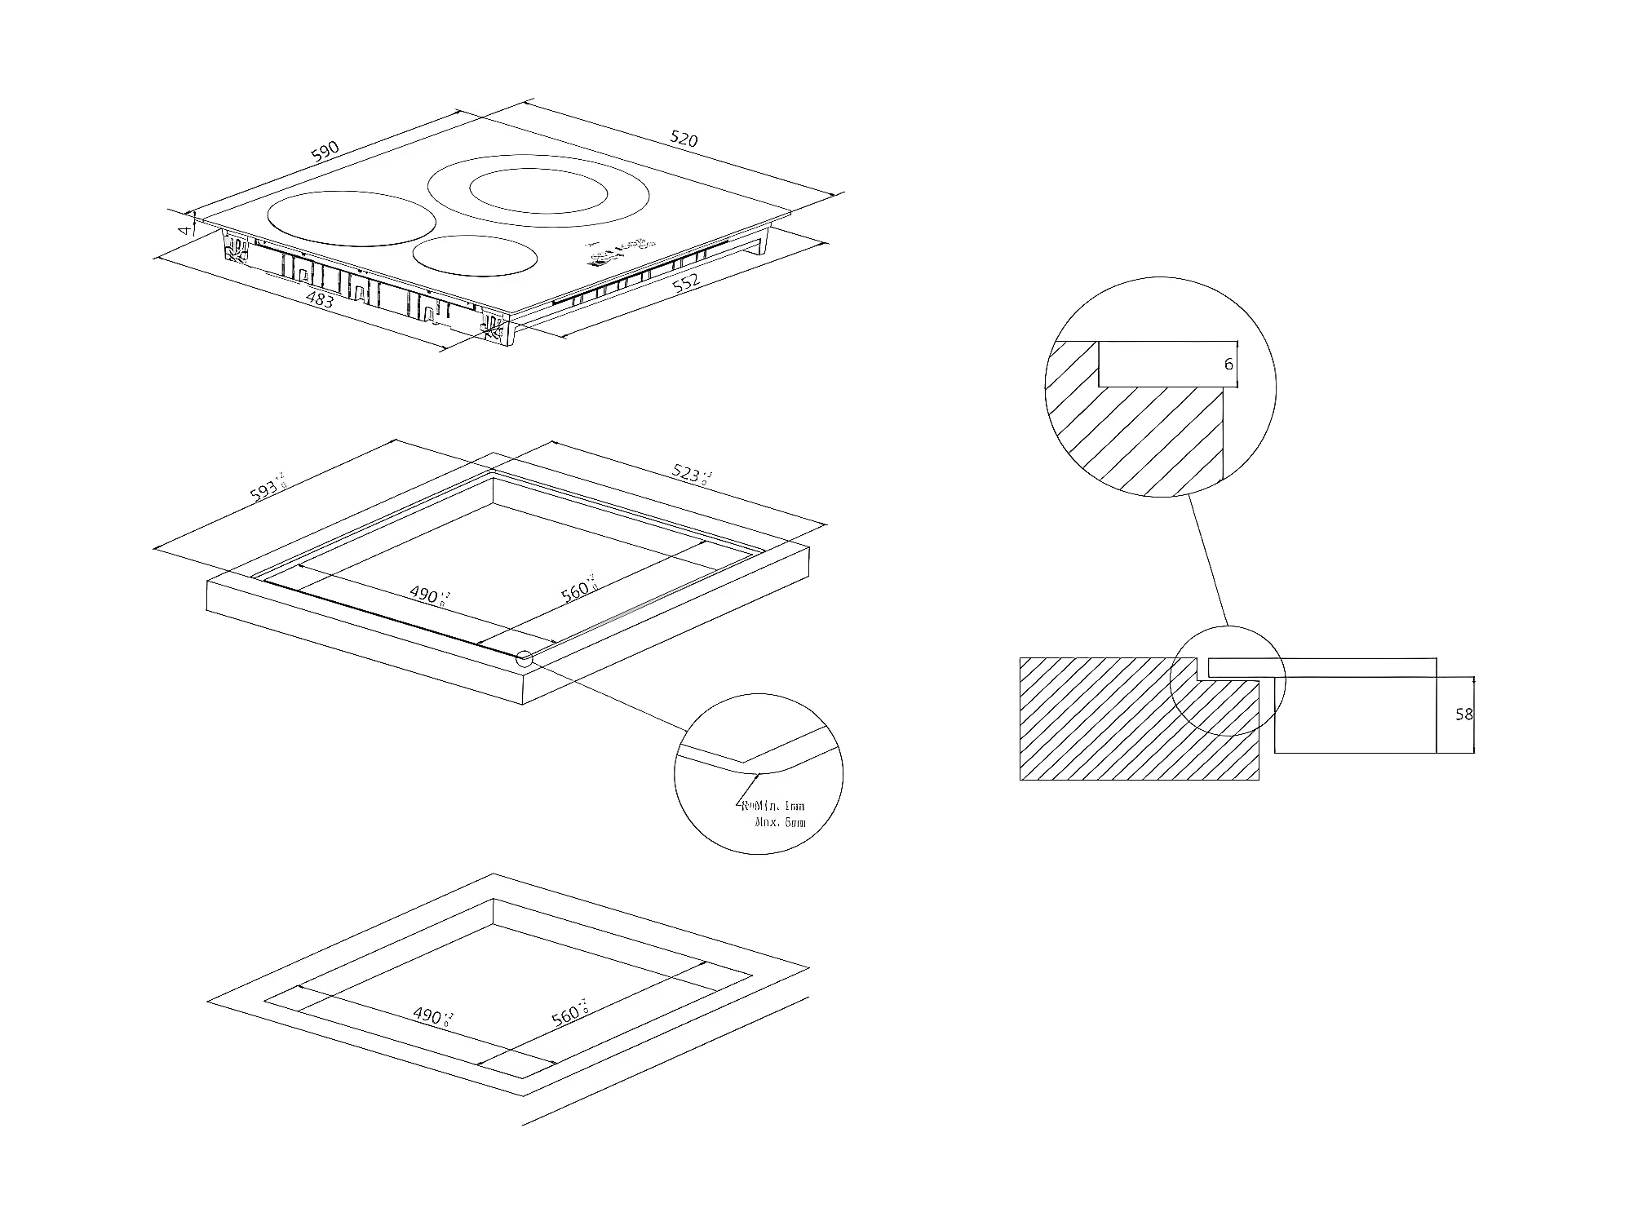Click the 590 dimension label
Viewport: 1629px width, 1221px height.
325,151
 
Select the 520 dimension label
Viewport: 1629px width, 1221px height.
684,139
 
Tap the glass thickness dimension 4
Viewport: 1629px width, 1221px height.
186,230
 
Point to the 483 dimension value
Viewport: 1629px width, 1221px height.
320,299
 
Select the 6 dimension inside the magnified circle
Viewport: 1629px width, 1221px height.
1228,365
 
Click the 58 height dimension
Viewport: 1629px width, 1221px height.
1463,714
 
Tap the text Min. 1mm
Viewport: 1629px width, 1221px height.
776,806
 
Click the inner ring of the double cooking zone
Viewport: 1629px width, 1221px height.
538,194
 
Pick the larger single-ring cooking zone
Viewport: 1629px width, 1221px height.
352,218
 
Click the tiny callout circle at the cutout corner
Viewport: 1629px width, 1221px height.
524,658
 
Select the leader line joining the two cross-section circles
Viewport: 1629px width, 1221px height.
1207,560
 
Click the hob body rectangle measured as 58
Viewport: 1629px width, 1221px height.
1354,714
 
